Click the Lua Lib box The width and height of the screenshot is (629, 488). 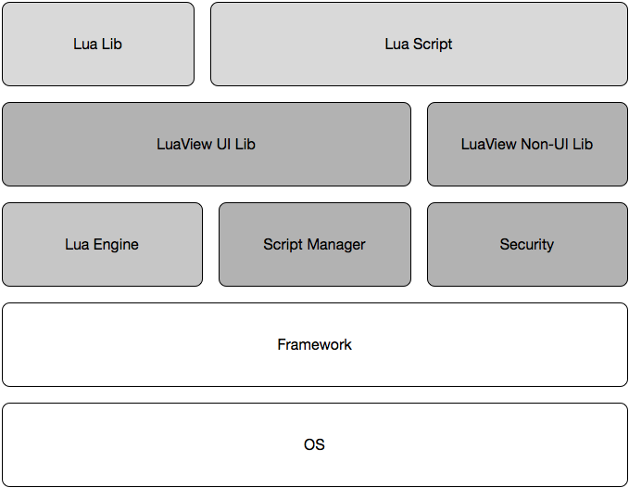click(x=98, y=44)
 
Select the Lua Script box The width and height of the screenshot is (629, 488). click(x=419, y=44)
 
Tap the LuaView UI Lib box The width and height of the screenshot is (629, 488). click(x=206, y=144)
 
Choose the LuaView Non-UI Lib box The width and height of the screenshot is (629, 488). click(x=527, y=144)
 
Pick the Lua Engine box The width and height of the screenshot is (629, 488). click(x=102, y=244)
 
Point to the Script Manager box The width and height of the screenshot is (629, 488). click(x=314, y=244)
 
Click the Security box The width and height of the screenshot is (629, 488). click(x=527, y=244)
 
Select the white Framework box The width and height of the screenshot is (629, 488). click(x=314, y=344)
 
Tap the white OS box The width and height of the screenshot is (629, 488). click(x=314, y=444)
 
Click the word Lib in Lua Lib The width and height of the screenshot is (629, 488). click(x=111, y=44)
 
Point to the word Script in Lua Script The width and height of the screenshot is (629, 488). click(x=433, y=44)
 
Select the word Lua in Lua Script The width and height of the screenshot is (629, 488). click(x=396, y=44)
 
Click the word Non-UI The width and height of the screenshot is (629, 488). click(x=546, y=144)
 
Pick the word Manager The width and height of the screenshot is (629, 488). click(x=336, y=244)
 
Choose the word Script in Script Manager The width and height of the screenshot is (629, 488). click(x=283, y=244)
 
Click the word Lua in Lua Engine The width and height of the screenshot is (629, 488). click(x=77, y=244)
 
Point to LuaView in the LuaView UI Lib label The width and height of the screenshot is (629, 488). click(x=182, y=144)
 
